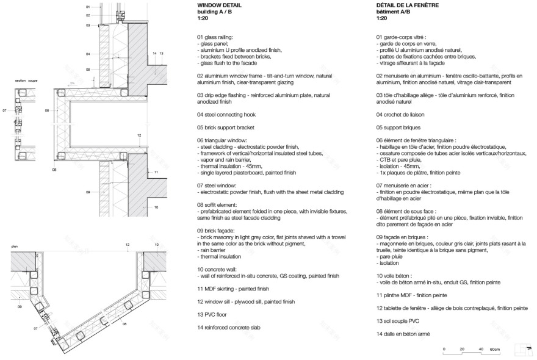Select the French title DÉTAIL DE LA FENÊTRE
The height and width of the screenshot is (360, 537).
(407, 5)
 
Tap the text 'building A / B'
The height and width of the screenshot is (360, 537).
(215, 12)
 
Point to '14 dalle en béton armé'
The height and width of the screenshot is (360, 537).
(403, 334)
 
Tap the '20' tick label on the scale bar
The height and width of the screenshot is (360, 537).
(463, 349)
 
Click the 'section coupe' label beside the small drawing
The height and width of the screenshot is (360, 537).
(26, 80)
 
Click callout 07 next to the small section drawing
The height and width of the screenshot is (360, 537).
(4, 111)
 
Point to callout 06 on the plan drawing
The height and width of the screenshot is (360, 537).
(124, 324)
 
